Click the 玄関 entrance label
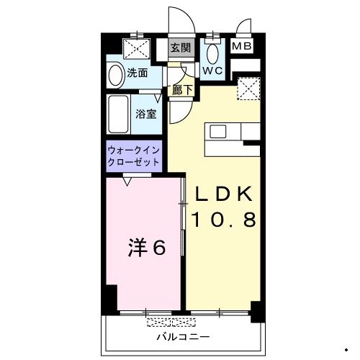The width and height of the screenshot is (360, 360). [x=181, y=48]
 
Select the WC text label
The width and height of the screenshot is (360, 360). [x=212, y=71]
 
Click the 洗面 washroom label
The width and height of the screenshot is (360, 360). [x=138, y=73]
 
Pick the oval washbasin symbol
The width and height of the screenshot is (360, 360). [x=115, y=75]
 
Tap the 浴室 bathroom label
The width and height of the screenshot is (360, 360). [x=146, y=114]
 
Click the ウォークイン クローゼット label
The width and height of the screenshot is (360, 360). [x=134, y=156]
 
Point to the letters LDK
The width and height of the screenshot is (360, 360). [x=222, y=194]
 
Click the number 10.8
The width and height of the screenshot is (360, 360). [x=222, y=220]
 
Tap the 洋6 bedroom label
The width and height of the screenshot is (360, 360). [x=147, y=248]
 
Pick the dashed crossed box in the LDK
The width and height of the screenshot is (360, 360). [x=248, y=89]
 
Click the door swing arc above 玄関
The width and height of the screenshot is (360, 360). [x=177, y=22]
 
